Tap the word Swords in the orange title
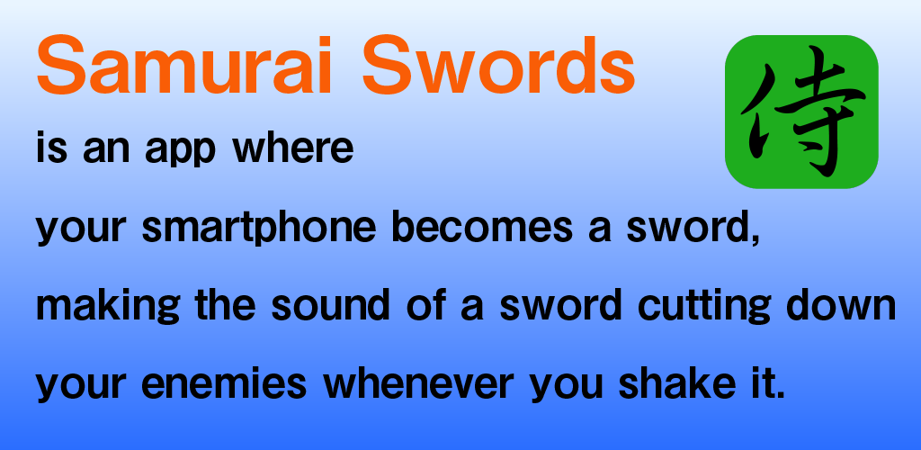coord(498,65)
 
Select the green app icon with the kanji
coord(801,112)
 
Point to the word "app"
coord(180,151)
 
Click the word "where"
coord(293,148)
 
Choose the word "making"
coord(108,307)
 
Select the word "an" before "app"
coord(106,150)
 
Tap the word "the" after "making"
coord(225,305)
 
